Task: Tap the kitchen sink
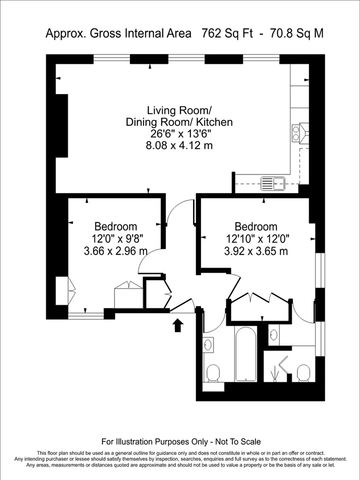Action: [x=273, y=183]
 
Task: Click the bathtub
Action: [x=246, y=353]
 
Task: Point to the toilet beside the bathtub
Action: [x=213, y=373]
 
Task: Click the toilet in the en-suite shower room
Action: [x=303, y=373]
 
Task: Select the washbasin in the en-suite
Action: [x=273, y=334]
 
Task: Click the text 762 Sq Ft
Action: [x=227, y=33]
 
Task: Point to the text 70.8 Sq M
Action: [x=296, y=33]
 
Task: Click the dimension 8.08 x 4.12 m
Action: [x=179, y=145]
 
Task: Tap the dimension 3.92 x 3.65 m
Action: [x=256, y=251]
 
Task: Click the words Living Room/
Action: [x=179, y=110]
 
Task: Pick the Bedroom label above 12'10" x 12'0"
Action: [x=256, y=226]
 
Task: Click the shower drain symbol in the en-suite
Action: [x=275, y=374]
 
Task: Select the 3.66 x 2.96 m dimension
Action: [x=115, y=251]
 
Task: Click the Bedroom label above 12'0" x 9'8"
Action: [x=115, y=226]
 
